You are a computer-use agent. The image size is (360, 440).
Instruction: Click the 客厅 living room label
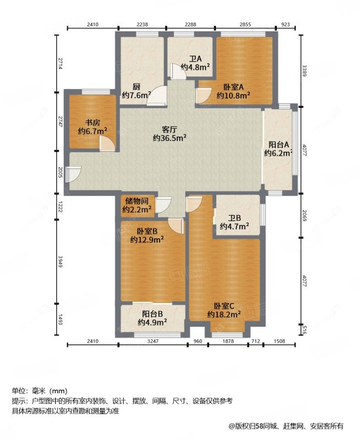(x=170, y=130)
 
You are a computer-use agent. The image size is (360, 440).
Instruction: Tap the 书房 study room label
(x=92, y=123)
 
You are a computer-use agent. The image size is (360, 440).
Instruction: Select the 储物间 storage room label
(x=137, y=201)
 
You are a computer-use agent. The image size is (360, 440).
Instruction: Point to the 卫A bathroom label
(x=195, y=59)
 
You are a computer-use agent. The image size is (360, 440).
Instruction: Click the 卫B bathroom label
(x=234, y=218)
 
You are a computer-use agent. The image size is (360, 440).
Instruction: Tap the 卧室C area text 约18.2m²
(x=224, y=314)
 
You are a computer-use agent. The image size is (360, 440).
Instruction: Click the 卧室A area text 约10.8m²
(x=233, y=95)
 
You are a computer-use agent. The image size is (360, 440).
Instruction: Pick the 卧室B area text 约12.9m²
(x=147, y=240)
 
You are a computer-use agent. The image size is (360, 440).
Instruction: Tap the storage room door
(x=163, y=205)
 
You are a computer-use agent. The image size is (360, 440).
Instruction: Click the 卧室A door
(x=204, y=96)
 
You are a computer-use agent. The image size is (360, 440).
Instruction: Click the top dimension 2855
(x=245, y=24)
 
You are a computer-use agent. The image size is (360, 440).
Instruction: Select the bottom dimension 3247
(x=153, y=341)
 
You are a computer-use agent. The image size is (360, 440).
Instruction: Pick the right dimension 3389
(x=304, y=71)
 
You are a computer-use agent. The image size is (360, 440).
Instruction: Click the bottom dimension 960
(x=198, y=341)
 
